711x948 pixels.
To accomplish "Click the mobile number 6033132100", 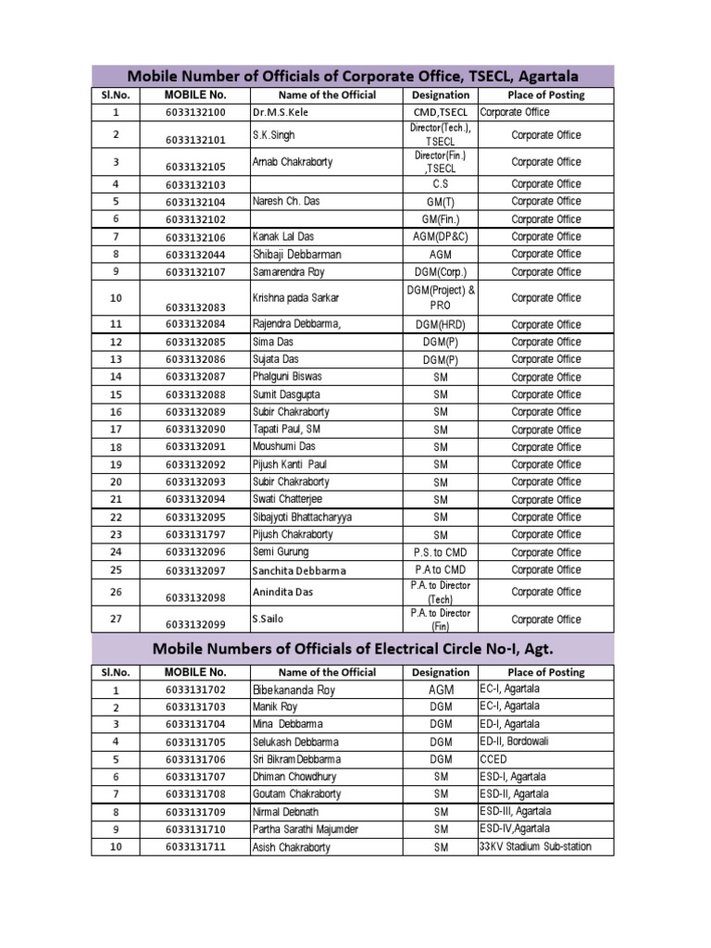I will tap(195, 112).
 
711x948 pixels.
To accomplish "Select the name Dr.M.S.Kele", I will tap(280, 112).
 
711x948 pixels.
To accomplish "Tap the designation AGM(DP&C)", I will tap(441, 237).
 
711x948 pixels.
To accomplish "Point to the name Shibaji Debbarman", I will tap(296, 254).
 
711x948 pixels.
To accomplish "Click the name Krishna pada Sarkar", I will tap(296, 298).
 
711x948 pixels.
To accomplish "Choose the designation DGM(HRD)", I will tap(441, 325).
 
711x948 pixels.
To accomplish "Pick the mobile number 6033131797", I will tap(195, 535).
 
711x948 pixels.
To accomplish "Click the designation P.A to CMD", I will tap(441, 570).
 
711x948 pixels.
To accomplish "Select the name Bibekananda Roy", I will tap(293, 691).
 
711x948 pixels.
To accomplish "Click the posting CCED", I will tap(493, 759).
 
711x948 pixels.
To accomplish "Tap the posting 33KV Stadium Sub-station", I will tap(534, 847).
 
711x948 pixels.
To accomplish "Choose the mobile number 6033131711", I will tap(195, 847).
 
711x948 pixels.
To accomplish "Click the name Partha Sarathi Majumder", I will tap(305, 829).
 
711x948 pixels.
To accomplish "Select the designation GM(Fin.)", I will tap(441, 219).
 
